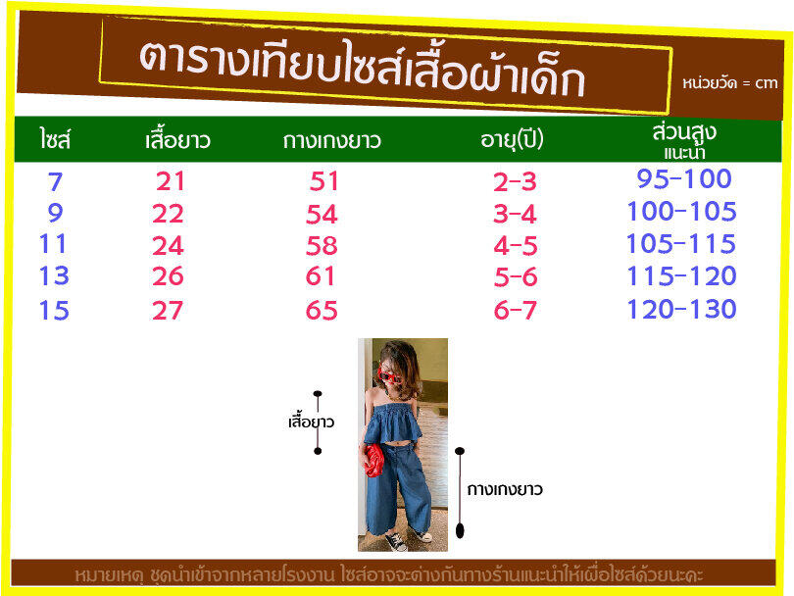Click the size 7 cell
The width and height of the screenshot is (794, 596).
[55, 181]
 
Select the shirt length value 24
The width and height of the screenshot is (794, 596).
[168, 246]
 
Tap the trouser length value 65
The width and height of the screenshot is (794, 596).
[322, 310]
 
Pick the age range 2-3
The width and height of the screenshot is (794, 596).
[515, 181]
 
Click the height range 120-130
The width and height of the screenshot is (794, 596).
[681, 309]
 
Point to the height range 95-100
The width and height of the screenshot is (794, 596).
[684, 178]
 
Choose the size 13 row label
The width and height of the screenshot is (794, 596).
[54, 276]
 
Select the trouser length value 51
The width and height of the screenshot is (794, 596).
[324, 181]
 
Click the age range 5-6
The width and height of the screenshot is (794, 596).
[515, 277]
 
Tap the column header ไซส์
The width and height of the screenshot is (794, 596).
[55, 139]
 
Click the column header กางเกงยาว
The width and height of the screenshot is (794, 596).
[331, 140]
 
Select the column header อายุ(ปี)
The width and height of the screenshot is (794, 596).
[512, 139]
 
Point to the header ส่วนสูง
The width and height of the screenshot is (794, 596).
[684, 132]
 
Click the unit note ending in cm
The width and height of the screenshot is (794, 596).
[729, 83]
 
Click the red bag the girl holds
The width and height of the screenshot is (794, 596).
[373, 461]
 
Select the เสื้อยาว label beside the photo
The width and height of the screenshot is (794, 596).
[311, 422]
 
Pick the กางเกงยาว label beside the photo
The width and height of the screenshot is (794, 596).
[505, 490]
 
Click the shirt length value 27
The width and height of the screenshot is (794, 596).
[168, 310]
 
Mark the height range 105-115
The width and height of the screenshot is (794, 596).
[681, 243]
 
